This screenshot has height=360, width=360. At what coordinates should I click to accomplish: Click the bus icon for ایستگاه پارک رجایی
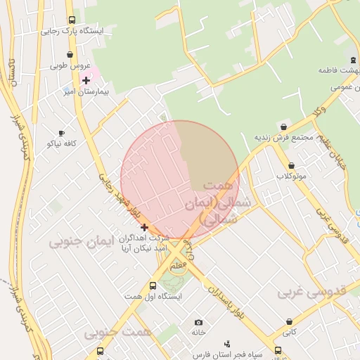(x=72, y=20)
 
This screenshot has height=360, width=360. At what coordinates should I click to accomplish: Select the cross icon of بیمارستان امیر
(x=86, y=81)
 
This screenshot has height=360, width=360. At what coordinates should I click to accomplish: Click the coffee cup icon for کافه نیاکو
(x=61, y=132)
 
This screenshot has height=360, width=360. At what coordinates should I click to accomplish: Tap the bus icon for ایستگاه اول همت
(x=153, y=285)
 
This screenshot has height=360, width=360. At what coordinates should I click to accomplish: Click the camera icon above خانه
(x=198, y=321)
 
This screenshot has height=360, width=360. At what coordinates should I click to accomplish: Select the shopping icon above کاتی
(x=289, y=321)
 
